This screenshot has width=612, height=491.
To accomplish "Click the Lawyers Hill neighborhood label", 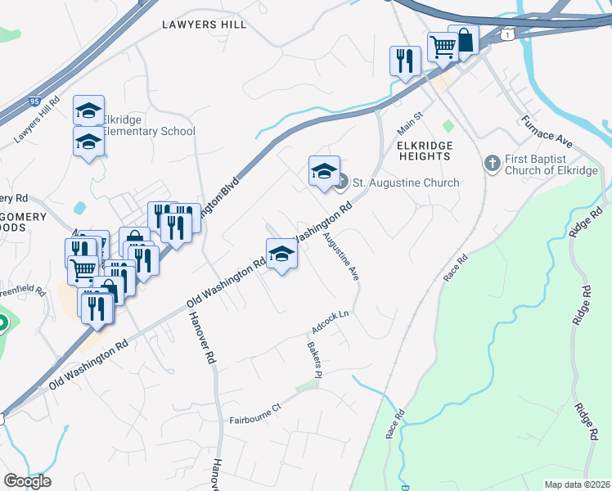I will click(x=205, y=25).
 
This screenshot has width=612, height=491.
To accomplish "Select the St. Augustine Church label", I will click(x=405, y=182).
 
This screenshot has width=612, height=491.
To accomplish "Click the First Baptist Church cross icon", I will click(x=492, y=163).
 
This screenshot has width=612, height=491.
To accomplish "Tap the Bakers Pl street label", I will click(x=315, y=358).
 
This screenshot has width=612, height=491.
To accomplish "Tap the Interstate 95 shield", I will click(x=34, y=101).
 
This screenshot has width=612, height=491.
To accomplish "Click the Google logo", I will click(x=27, y=481).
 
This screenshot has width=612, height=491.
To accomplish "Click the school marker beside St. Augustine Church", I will click(x=324, y=172).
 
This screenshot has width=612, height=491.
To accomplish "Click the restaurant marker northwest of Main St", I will click(x=405, y=61).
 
